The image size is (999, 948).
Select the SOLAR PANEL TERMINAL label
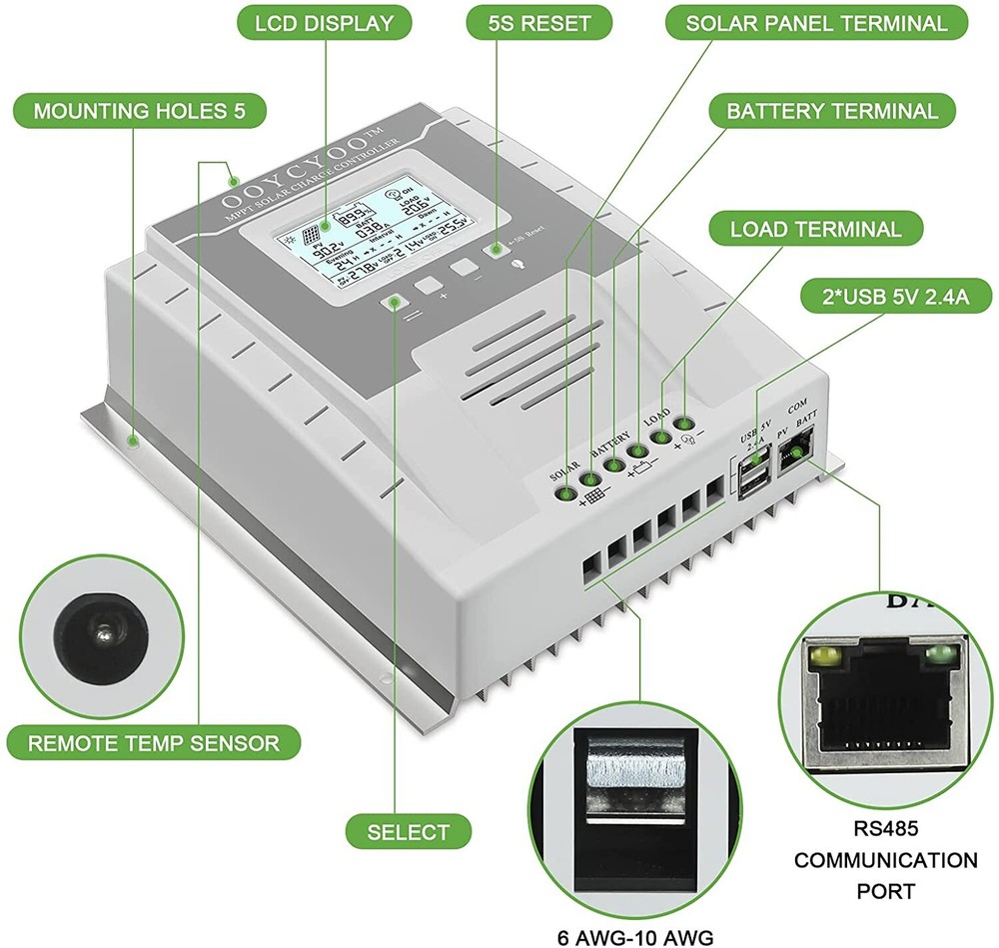815,24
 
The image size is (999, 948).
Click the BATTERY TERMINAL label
831,111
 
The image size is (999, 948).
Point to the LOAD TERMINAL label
815,229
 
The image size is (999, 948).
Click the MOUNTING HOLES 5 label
139,110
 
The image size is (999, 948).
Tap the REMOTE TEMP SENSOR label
153,743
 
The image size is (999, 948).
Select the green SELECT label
408,831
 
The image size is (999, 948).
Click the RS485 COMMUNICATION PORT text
871,859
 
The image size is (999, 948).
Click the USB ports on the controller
750,478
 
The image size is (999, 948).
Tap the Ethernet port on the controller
796,455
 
